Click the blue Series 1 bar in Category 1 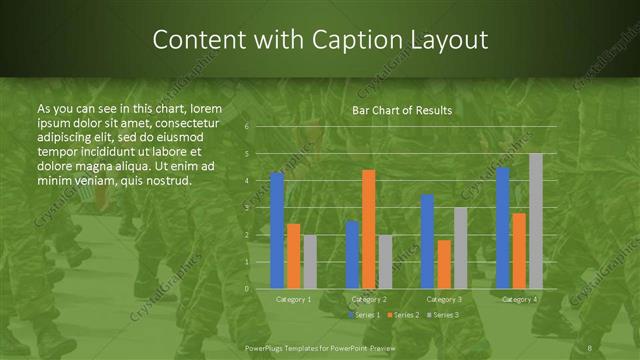(277, 230)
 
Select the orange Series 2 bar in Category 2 (369, 229)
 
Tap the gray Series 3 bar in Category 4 (536, 220)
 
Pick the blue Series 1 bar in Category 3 (427, 241)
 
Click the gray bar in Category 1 (310, 262)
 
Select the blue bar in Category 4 (503, 227)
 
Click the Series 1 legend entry (365, 315)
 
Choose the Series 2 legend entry (402, 315)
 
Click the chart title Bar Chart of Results (402, 110)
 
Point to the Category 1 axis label (293, 299)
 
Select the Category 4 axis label (519, 299)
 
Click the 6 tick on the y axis (246, 127)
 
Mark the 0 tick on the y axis (246, 288)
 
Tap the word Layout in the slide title (453, 40)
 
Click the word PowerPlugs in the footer (269, 347)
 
